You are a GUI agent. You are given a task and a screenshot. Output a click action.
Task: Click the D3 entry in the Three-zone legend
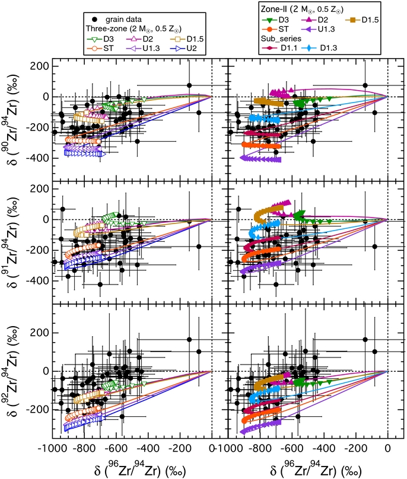(x=106, y=40)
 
